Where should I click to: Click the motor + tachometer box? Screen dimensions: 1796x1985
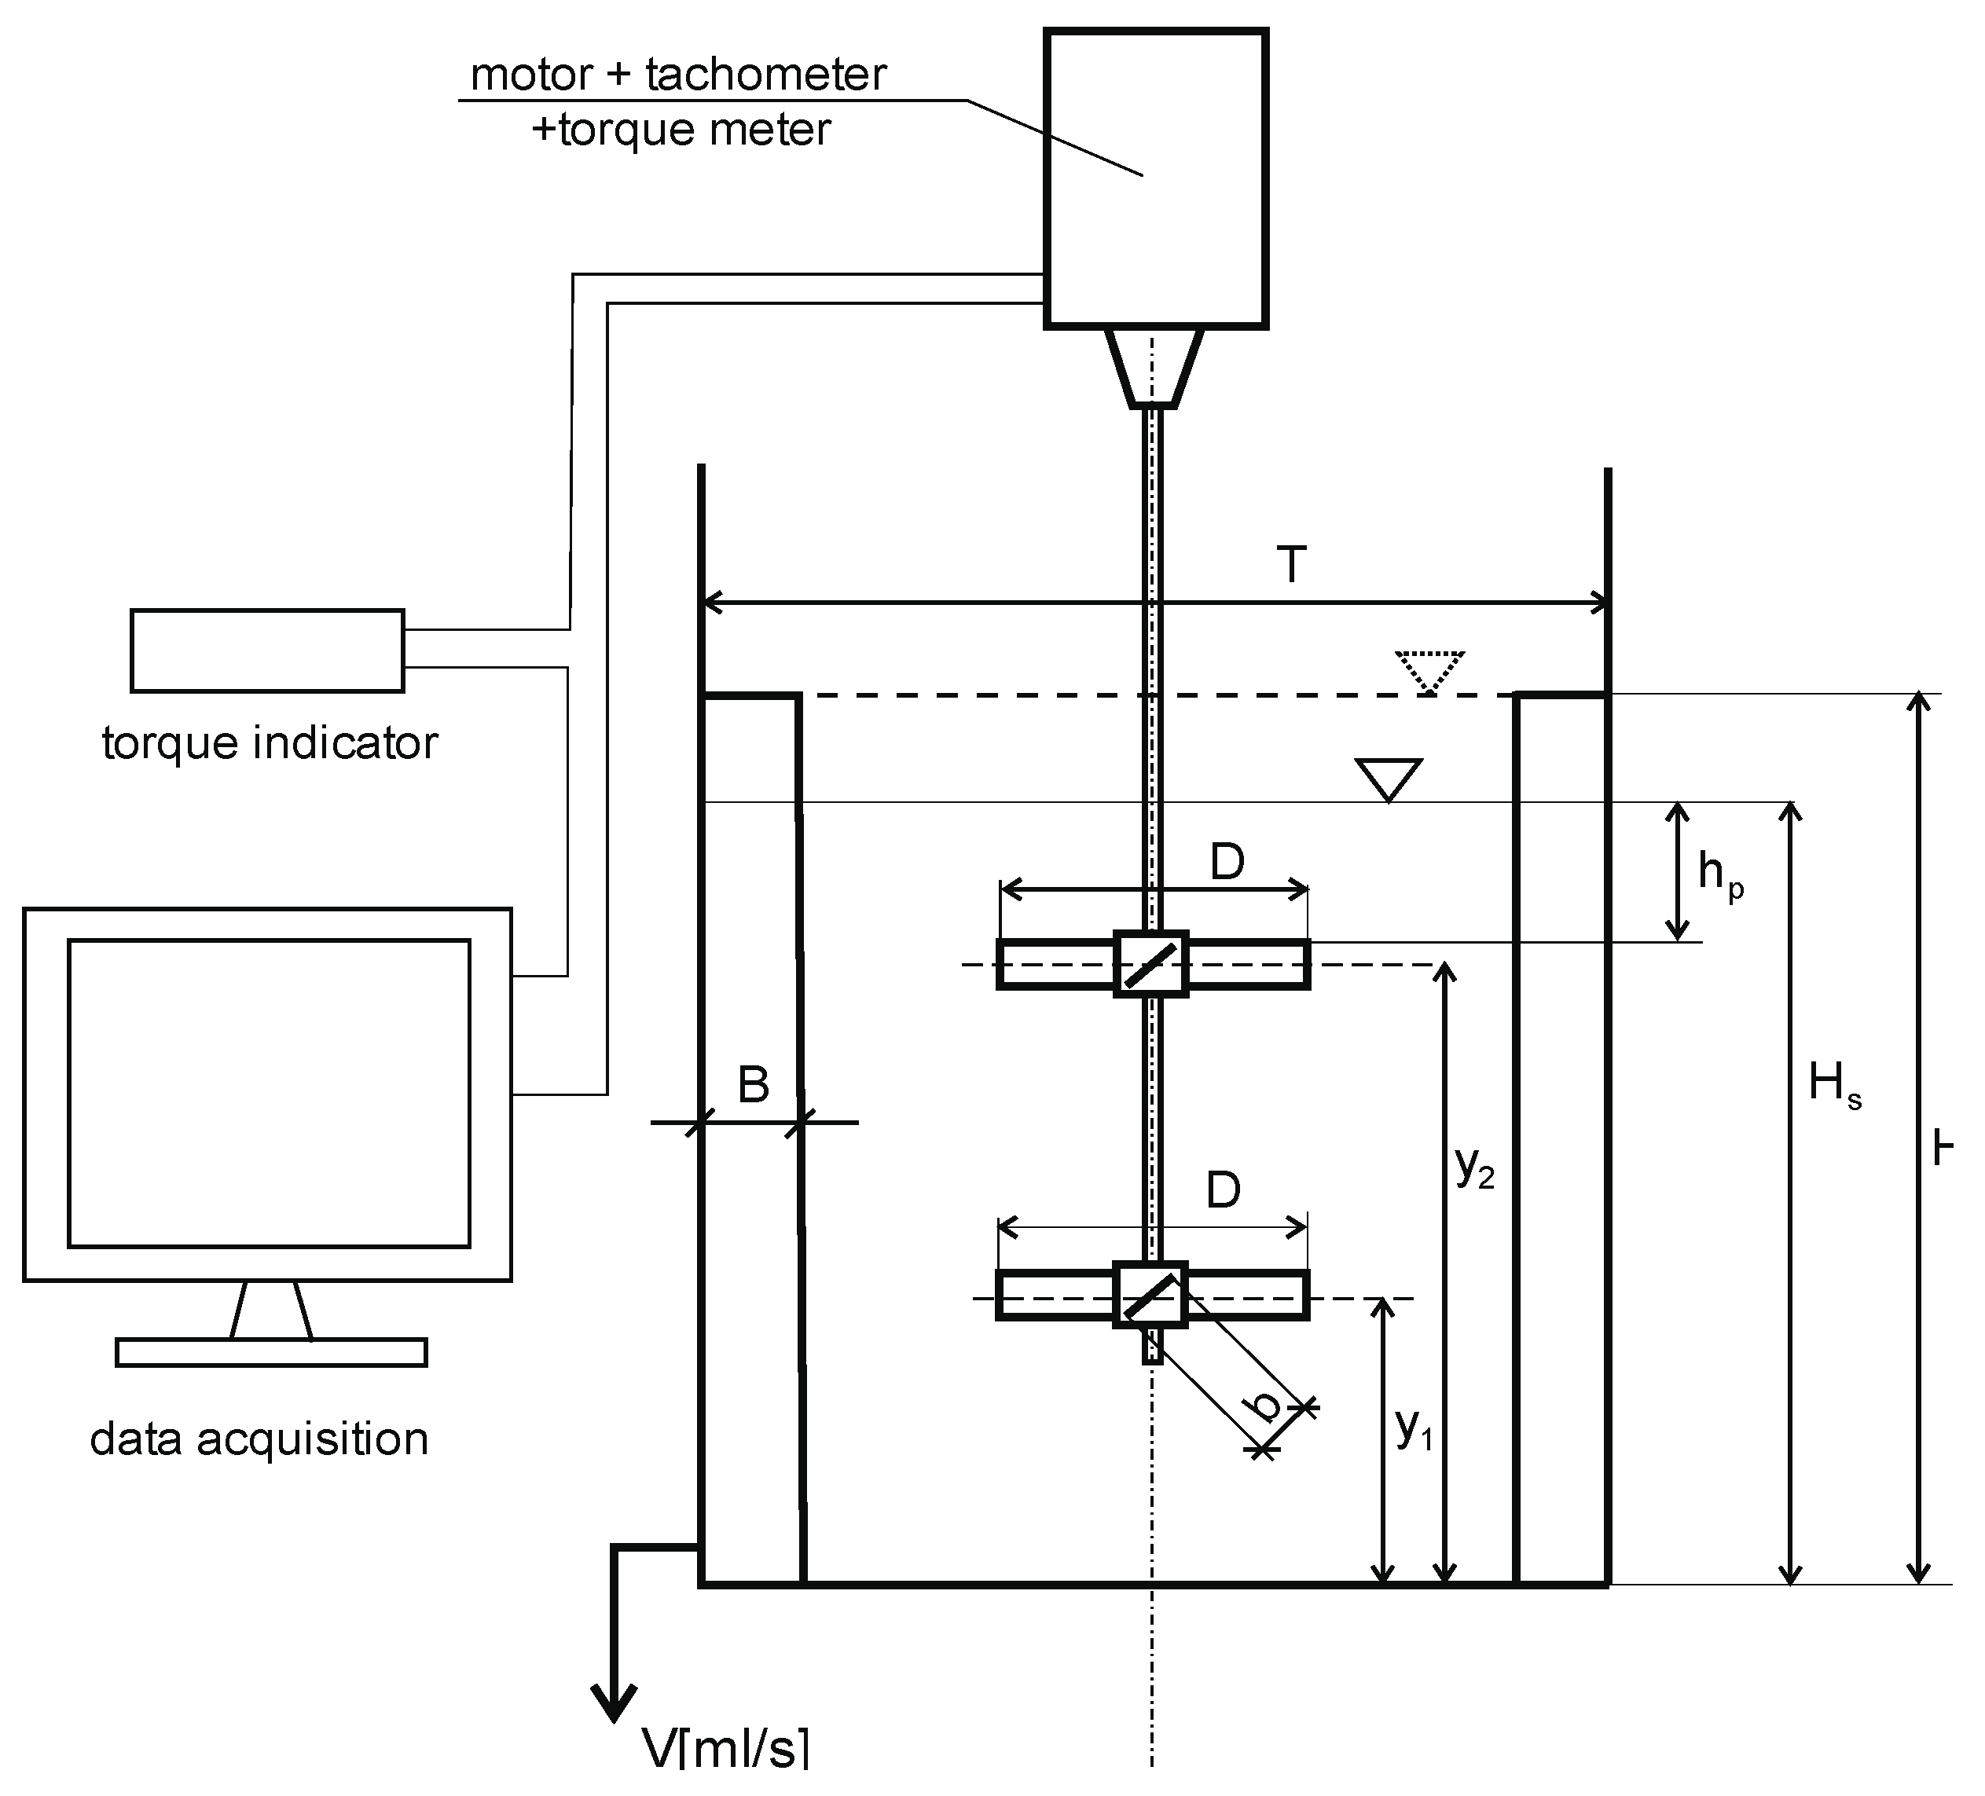(1155, 178)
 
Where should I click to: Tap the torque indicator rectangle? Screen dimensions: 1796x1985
(268, 651)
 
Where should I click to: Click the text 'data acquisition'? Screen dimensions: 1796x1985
(259, 1439)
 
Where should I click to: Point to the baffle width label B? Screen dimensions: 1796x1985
(754, 1085)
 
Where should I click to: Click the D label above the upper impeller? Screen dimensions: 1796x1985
(1227, 863)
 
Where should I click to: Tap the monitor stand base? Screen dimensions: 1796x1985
(271, 1352)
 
